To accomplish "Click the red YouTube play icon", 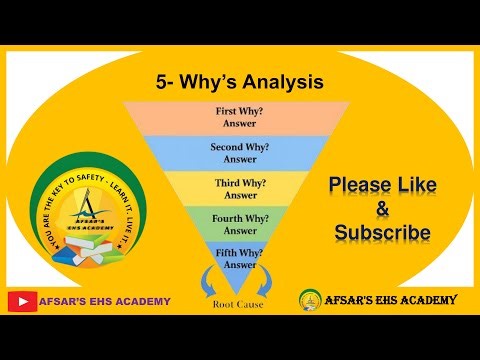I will pos(21,301).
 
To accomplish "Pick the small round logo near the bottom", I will pos(311,300).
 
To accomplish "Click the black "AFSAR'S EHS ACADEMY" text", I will pos(391,300).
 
